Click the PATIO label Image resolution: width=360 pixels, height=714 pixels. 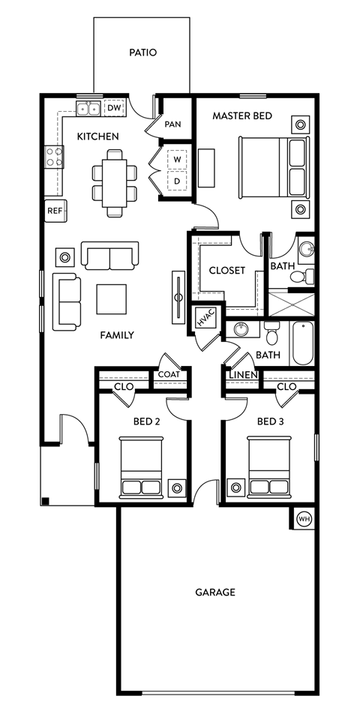[142, 52]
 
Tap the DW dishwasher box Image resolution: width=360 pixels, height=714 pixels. [114, 109]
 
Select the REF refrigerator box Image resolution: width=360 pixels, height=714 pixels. [55, 211]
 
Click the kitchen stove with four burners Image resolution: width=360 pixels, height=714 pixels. [55, 156]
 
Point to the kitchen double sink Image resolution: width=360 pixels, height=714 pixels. [88, 109]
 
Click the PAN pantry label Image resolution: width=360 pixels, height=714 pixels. [172, 124]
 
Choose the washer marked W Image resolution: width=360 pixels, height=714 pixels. [178, 160]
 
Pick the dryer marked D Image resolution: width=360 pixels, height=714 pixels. [178, 181]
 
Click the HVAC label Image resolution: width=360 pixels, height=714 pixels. [205, 318]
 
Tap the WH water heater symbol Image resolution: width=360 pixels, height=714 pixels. [304, 518]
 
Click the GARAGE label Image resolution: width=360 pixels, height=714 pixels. [215, 592]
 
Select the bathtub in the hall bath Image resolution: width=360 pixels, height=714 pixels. [302, 343]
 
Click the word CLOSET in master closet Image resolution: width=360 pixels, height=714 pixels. [226, 270]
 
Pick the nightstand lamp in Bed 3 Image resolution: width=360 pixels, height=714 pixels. [236, 487]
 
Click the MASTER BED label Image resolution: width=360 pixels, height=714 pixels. [241, 115]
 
